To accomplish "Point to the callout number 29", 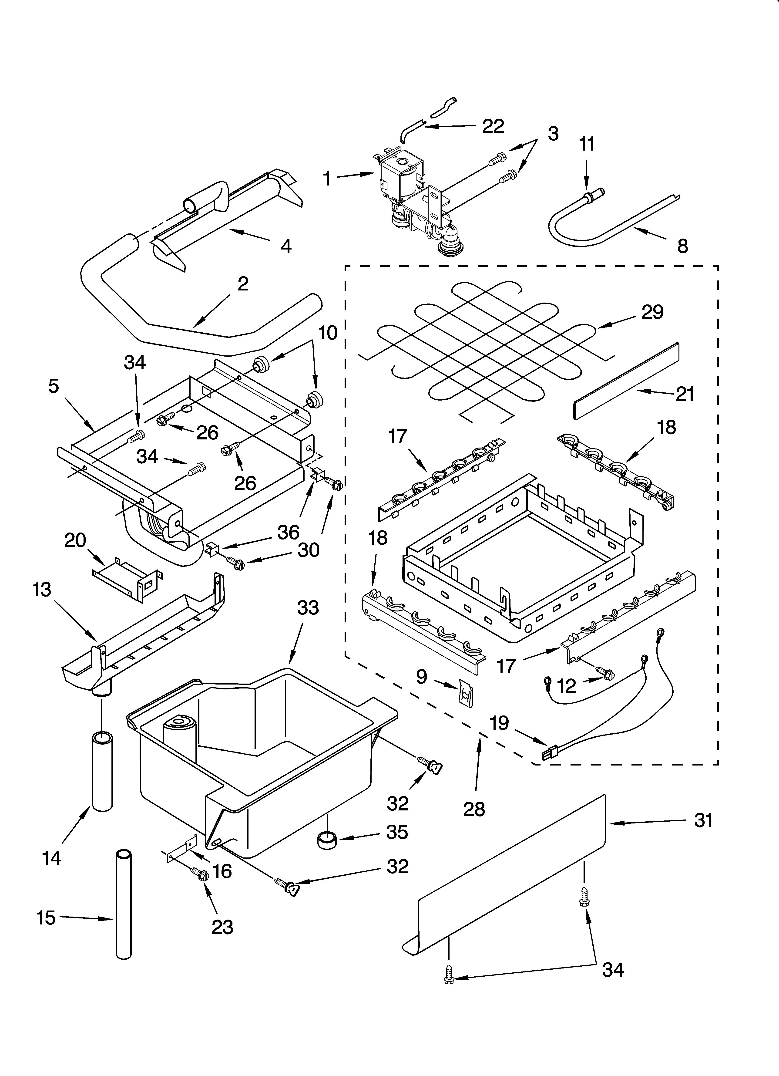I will (652, 312).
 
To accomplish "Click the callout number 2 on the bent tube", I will (242, 284).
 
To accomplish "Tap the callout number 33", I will (308, 608).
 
